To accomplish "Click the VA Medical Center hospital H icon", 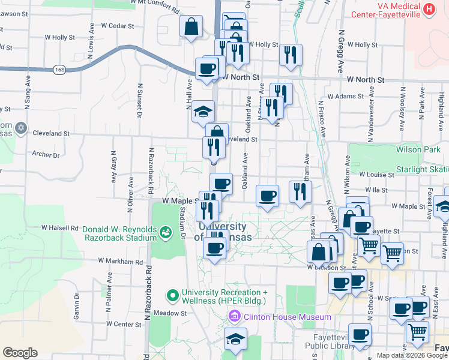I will pos(429,9).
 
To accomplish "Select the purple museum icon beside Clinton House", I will pos(234,316).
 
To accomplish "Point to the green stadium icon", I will pos(165,232).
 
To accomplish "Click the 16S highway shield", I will pos(59,70).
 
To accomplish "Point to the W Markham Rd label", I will pos(121,262).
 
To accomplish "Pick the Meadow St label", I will pos(170,313).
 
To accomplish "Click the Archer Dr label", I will pos(46,155).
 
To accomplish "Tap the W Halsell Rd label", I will pos(60,228).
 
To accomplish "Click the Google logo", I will pos(20,353).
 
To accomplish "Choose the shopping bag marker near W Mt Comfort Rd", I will pos(191,28).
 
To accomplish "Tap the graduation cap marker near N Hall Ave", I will pos(203,112).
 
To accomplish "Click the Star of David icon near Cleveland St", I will pos(22,128).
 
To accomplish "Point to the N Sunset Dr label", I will pos(139,100).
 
